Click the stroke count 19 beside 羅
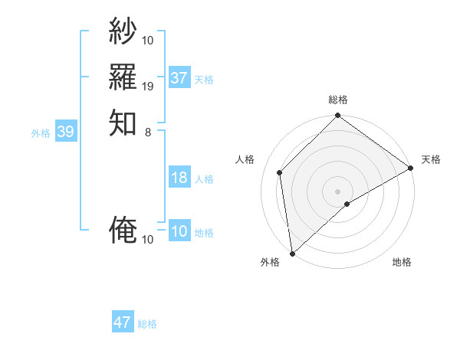coord(148,86)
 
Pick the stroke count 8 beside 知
coord(148,132)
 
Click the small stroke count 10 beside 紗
coord(148,40)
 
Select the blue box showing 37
coord(179,78)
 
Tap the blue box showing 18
coord(179,178)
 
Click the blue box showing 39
coord(65,133)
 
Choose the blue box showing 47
coord(123,322)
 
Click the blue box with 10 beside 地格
coord(179,232)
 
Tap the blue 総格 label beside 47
coord(147,324)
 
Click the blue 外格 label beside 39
coord(41,133)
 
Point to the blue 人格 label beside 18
coord(204,179)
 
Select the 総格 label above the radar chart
coord(338,100)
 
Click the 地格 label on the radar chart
coord(402,263)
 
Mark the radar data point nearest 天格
coord(411,169)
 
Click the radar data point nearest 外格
coord(292,253)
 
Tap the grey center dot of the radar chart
coord(338,191)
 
